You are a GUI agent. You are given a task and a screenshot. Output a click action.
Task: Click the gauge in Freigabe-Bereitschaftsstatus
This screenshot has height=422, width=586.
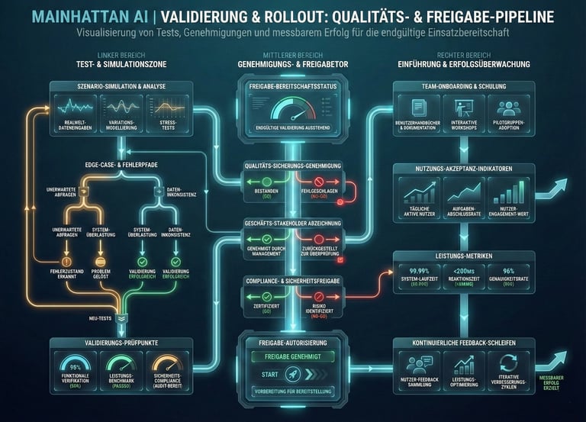click(x=292, y=111)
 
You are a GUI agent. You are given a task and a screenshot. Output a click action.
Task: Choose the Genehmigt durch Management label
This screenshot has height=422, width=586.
click(x=261, y=250)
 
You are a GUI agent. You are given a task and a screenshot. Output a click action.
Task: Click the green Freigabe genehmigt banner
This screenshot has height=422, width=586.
click(x=292, y=355)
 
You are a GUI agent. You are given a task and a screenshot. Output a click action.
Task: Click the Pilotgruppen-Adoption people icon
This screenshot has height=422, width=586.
click(x=507, y=108)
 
